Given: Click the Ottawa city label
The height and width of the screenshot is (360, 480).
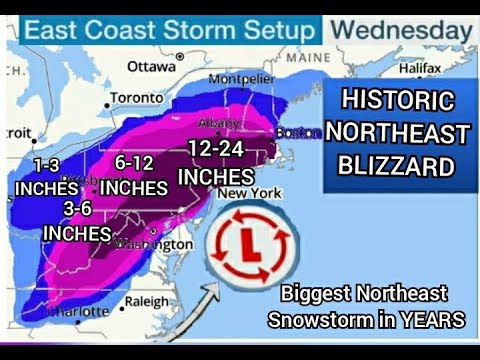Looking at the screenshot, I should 150,65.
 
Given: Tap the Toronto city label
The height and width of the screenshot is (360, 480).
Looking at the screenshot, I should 136,98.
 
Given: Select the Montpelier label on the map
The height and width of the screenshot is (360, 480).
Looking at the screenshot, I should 240,79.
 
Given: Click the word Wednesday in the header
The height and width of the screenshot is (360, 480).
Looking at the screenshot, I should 401,30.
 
